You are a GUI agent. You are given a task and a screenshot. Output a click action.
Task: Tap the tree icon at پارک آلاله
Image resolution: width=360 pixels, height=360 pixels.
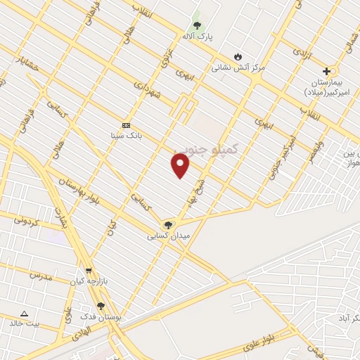pyautogui.click(x=197, y=25)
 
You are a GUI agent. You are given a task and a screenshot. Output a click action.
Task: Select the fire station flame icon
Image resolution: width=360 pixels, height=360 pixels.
pyautogui.click(x=238, y=57)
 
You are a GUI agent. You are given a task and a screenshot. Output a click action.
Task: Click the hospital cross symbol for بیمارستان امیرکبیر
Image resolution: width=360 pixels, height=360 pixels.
pyautogui.click(x=326, y=71)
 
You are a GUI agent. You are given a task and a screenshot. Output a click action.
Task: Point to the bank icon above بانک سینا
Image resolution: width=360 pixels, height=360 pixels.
pyautogui.click(x=126, y=124)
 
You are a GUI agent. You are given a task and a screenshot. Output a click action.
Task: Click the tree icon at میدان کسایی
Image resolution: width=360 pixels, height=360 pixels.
pyautogui.click(x=167, y=225)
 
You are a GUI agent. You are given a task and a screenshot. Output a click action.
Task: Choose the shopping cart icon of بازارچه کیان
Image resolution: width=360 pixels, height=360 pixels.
pyautogui.click(x=89, y=270)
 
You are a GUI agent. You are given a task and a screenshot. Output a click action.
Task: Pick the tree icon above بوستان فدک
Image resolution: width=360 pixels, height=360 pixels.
pyautogui.click(x=101, y=307)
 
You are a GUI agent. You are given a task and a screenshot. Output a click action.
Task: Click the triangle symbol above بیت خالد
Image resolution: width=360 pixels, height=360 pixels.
pyautogui.click(x=25, y=314)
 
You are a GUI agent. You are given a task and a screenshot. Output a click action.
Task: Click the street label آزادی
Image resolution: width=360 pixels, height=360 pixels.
pyautogui.click(x=301, y=53)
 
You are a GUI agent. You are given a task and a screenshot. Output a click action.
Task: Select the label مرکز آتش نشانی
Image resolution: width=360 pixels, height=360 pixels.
pyautogui.click(x=238, y=67)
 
